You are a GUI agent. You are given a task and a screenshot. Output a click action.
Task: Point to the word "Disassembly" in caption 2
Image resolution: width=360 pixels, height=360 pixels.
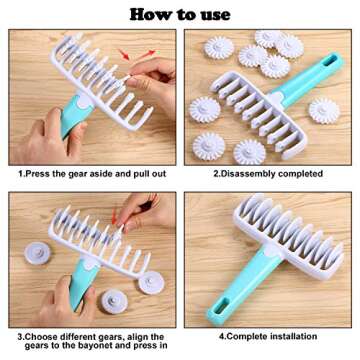point(244,173)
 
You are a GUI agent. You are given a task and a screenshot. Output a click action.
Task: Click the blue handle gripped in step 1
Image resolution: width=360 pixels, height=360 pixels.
point(74,120)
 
